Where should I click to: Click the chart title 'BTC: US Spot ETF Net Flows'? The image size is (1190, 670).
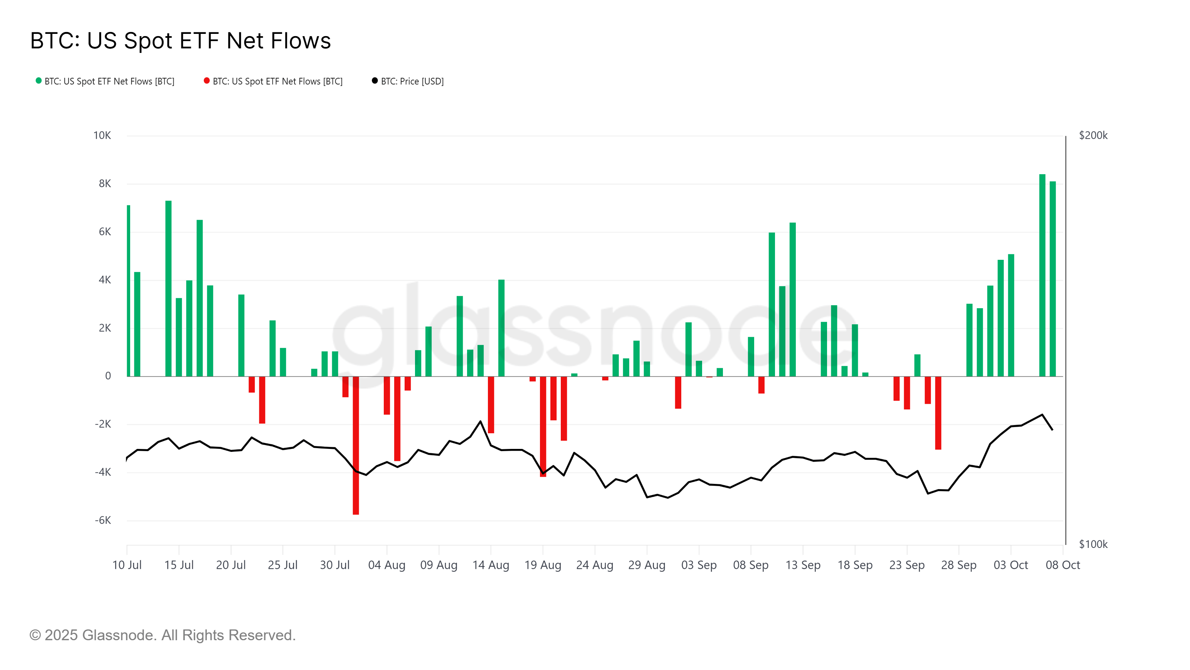coord(180,41)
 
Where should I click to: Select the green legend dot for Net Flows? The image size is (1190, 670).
coord(39,81)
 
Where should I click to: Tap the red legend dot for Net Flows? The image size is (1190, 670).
coord(206,81)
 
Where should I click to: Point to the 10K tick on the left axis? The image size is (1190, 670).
coord(102,135)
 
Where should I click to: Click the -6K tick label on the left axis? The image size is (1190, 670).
coord(103,521)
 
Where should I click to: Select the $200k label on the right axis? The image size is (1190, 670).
coord(1093,135)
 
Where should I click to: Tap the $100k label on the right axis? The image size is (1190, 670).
coord(1093,544)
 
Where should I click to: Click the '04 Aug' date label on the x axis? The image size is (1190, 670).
coord(387,565)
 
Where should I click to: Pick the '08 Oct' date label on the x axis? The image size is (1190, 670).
coord(1062,565)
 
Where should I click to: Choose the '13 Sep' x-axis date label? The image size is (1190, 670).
coord(803,565)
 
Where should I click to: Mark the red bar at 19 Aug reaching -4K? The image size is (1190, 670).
coord(543,425)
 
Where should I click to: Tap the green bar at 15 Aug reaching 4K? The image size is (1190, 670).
coord(501,328)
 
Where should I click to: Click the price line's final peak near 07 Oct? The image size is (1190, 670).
coord(1042,415)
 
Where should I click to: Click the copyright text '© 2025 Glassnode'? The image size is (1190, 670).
coord(162,635)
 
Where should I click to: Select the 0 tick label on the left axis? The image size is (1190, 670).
coord(108,376)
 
